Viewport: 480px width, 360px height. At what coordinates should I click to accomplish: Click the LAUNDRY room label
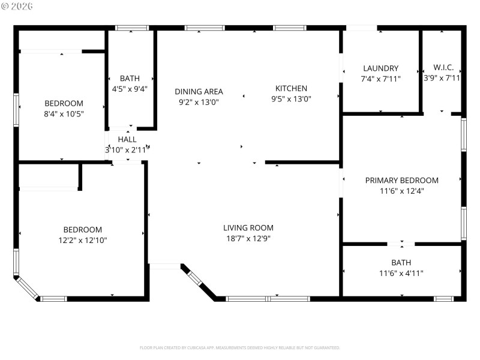(x=380, y=68)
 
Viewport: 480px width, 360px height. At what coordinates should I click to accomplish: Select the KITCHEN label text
(x=291, y=88)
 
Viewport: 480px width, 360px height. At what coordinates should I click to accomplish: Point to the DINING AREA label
(x=199, y=91)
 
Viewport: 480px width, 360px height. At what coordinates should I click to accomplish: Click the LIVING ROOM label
(x=248, y=227)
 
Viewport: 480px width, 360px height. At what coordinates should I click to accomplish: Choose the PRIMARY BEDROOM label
(x=401, y=180)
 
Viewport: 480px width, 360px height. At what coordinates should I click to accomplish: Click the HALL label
(x=127, y=139)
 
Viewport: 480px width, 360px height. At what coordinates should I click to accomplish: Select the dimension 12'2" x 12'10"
(x=83, y=240)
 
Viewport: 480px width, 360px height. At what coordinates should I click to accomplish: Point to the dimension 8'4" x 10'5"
(x=64, y=113)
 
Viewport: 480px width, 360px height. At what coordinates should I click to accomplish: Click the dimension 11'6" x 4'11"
(x=401, y=273)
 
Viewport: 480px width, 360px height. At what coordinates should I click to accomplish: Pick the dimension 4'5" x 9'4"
(x=130, y=89)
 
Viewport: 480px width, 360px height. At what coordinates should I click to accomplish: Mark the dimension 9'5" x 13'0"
(x=291, y=99)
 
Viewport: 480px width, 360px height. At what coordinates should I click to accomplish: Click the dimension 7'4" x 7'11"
(x=380, y=79)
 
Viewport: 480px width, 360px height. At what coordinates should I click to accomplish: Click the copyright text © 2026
(x=17, y=6)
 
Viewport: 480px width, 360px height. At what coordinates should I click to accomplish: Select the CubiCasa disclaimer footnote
(x=239, y=347)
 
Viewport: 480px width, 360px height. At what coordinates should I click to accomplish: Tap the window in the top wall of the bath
(x=132, y=28)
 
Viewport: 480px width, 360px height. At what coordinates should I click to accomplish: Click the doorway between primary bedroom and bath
(x=400, y=244)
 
